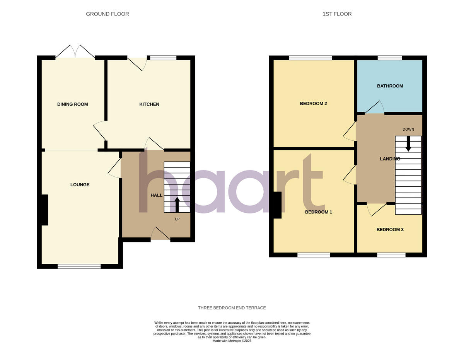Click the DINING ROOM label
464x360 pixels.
click(72, 104)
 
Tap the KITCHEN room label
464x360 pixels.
click(149, 104)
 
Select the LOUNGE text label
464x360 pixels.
click(80, 184)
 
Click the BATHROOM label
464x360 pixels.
click(390, 86)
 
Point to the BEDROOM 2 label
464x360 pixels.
click(313, 103)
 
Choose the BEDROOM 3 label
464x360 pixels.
click(390, 229)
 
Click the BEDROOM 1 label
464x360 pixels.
click(318, 212)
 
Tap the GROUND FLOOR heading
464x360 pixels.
click(107, 14)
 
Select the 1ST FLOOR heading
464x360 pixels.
click(337, 14)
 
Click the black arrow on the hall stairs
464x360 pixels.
click(177, 205)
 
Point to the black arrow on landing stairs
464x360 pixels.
click(408, 143)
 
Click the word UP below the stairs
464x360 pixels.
click(177, 219)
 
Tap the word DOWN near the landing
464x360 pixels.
click(408, 130)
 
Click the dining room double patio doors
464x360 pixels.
click(75, 52)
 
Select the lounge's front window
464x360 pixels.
click(79, 266)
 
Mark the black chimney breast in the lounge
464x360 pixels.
click(44, 210)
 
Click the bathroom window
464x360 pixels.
click(389, 58)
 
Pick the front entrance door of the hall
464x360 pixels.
click(160, 234)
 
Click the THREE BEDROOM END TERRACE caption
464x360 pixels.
click(232, 308)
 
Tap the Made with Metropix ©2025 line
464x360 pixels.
click(232, 341)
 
